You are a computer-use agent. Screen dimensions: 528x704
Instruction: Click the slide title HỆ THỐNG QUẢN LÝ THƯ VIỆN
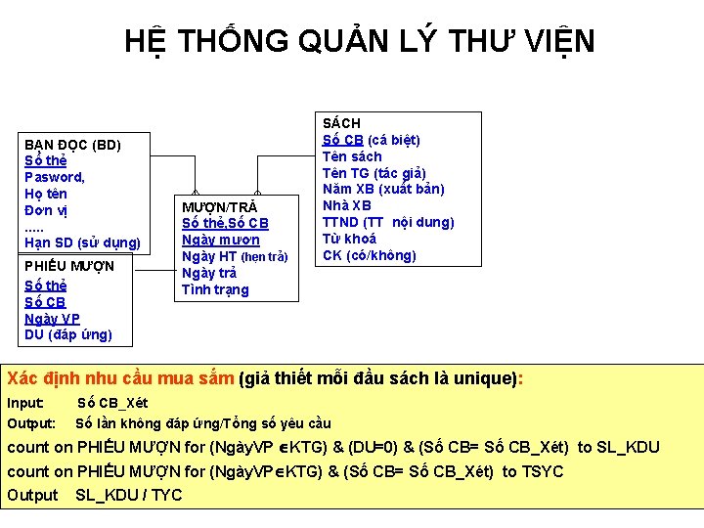coord(359,41)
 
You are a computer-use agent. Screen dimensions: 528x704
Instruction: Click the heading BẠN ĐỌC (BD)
coord(72,145)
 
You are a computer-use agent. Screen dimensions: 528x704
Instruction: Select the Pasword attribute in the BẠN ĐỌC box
coord(54,177)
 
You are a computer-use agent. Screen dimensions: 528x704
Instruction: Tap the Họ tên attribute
coord(45,194)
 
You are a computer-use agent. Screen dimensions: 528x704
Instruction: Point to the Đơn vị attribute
coord(45,210)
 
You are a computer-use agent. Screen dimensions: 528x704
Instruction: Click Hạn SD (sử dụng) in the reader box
coord(82,242)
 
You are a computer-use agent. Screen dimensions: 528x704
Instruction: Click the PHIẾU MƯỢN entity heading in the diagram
coord(68,266)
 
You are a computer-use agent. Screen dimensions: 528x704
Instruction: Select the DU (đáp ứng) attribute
coord(67,335)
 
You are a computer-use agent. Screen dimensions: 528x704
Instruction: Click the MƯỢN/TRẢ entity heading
coord(220,207)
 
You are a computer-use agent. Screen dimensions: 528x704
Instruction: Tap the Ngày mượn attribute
coord(221,240)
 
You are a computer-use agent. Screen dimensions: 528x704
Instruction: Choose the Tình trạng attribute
coord(215,289)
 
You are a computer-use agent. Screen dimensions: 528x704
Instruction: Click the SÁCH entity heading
coord(341,123)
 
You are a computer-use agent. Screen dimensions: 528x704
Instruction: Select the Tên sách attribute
coord(352,156)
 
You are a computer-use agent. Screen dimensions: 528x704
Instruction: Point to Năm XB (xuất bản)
coord(383,189)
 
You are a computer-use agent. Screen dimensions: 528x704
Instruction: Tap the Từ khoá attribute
coord(349,239)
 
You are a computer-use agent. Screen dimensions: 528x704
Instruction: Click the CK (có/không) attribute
coord(369,255)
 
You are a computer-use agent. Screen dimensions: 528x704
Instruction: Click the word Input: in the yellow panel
coord(25,403)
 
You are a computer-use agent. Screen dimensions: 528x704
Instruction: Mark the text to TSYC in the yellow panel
coord(533,471)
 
